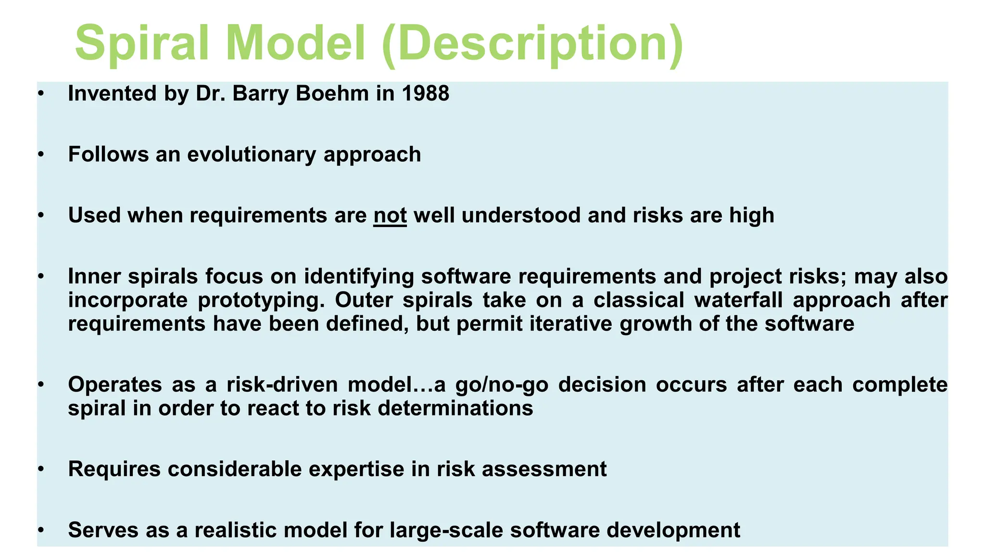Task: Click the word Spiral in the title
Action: click(x=142, y=44)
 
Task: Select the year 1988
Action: click(x=425, y=93)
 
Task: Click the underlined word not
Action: click(x=390, y=215)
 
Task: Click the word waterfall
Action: click(x=738, y=300)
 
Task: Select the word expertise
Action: click(x=356, y=469)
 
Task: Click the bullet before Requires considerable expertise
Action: click(x=41, y=469)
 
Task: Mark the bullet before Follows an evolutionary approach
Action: click(x=41, y=154)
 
